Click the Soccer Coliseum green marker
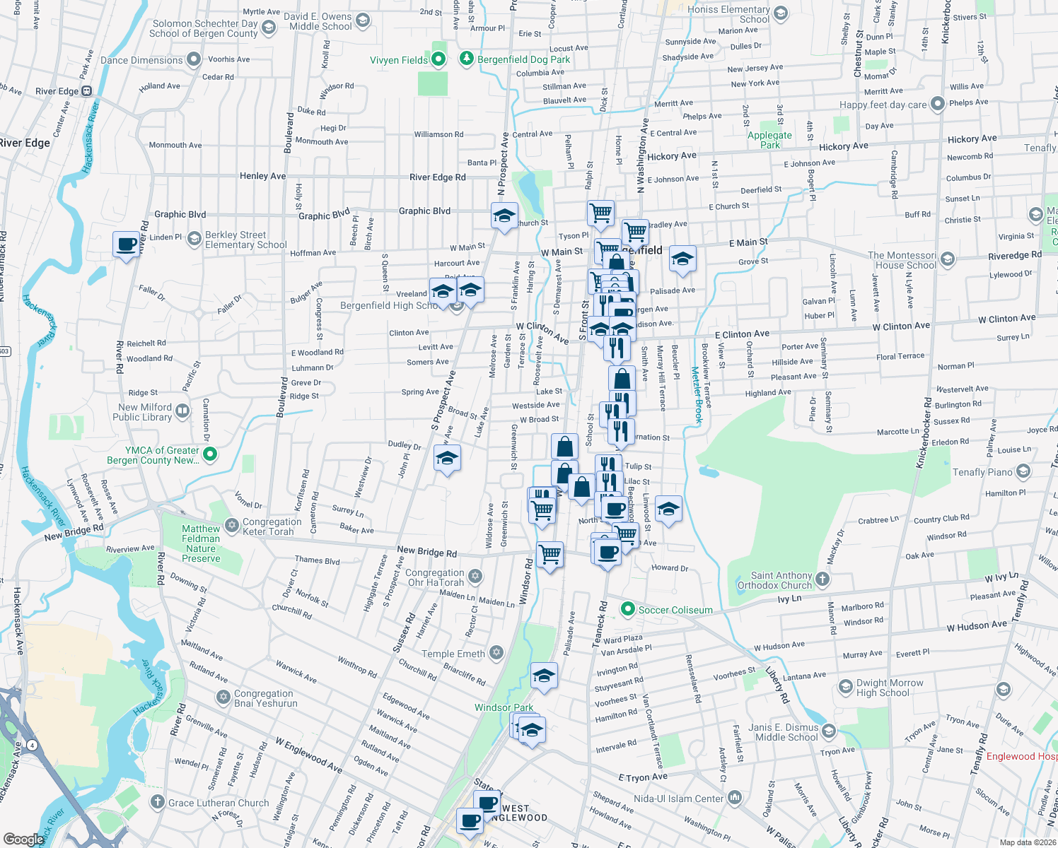pyautogui.click(x=627, y=608)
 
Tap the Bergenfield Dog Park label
pyautogui.click(x=523, y=59)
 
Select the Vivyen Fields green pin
pyautogui.click(x=438, y=59)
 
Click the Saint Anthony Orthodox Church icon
pyautogui.click(x=822, y=579)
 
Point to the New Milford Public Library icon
pyautogui.click(x=182, y=411)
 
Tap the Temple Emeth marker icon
pyautogui.click(x=496, y=652)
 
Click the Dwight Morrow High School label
pyautogui.click(x=889, y=688)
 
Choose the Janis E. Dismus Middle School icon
pyautogui.click(x=830, y=731)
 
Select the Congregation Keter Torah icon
pyautogui.click(x=232, y=525)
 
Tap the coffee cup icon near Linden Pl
pyautogui.click(x=127, y=245)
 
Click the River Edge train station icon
pyautogui.click(x=87, y=90)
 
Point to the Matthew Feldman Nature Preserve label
pyautogui.click(x=201, y=543)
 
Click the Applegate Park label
pyautogui.click(x=769, y=140)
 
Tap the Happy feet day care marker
pyautogui.click(x=937, y=104)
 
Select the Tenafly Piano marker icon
pyautogui.click(x=1023, y=471)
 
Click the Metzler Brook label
pyautogui.click(x=697, y=396)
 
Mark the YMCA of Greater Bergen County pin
pyautogui.click(x=210, y=455)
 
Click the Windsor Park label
pyautogui.click(x=504, y=707)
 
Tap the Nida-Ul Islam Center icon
pyautogui.click(x=735, y=798)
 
